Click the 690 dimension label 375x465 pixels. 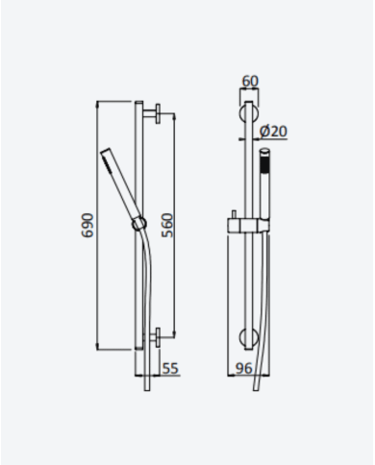[87, 226]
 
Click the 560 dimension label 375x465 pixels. [167, 226]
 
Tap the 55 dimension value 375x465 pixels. [170, 368]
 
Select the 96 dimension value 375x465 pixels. [244, 368]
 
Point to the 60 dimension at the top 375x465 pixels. [250, 81]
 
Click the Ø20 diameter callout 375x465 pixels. [273, 131]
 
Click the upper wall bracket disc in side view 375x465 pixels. [158, 113]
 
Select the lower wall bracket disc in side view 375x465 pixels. [158, 337]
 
